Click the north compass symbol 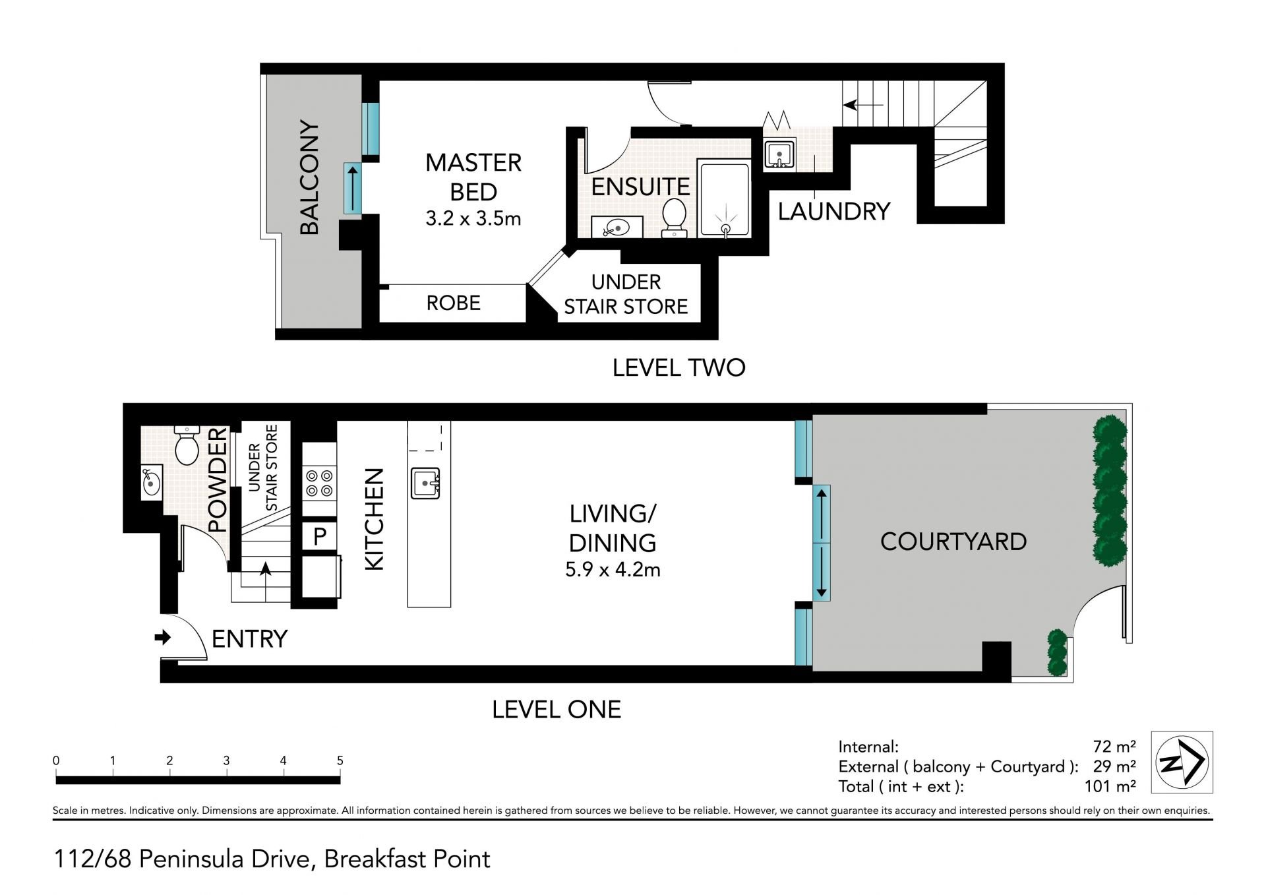coord(1182,762)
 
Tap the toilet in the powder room coord(187,445)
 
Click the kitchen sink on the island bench coord(426,483)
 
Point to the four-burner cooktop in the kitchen coord(320,483)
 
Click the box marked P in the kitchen coord(320,536)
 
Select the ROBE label coord(453,303)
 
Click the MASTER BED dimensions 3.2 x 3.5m coord(473,218)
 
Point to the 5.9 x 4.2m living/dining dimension coord(613,569)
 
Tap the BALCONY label coord(309,177)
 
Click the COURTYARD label coord(953,541)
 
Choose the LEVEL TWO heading coord(678,367)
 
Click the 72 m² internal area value coord(1114,747)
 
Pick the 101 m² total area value coord(1110,786)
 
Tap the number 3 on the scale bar coord(226,760)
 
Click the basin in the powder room coord(152,483)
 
